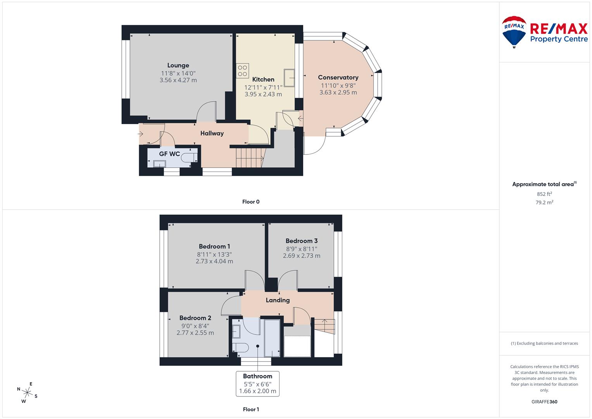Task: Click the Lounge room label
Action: point(178,65)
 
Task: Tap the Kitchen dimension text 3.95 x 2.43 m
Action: point(263,94)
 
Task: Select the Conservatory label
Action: point(338,78)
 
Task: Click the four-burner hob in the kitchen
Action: point(243,71)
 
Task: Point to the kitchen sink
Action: point(289,78)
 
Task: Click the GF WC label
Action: point(169,154)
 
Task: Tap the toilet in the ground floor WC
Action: point(191,158)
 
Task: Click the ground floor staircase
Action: point(249,158)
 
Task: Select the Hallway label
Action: point(212,133)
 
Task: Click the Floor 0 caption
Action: point(251,202)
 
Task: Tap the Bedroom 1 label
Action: point(214,246)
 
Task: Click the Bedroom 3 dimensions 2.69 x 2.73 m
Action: point(302,256)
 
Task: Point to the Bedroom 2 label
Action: point(195,318)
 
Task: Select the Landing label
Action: point(278,300)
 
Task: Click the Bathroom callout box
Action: point(258,384)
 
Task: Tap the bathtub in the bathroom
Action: point(272,338)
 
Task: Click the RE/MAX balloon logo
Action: point(514,32)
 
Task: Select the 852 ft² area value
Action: point(544,194)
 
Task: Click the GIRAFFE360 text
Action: point(544,402)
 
